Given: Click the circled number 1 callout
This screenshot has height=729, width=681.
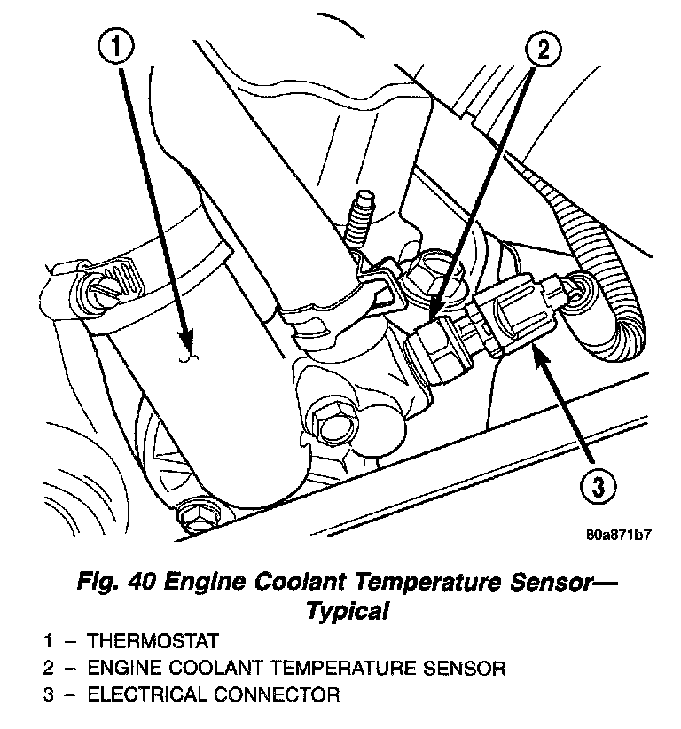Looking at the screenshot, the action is pyautogui.click(x=116, y=47).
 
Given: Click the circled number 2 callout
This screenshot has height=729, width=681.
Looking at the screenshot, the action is pyautogui.click(x=543, y=49).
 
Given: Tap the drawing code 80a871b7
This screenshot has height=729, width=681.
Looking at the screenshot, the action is pyautogui.click(x=618, y=535).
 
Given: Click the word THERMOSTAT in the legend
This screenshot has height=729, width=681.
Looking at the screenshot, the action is pyautogui.click(x=153, y=641).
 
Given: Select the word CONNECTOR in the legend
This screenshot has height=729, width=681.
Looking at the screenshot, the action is pyautogui.click(x=277, y=695).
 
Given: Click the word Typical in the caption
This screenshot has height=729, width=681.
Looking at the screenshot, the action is pyautogui.click(x=348, y=610).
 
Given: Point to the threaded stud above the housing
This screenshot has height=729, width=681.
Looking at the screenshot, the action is pyautogui.click(x=360, y=221).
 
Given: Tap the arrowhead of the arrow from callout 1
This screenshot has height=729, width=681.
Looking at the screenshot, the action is pyautogui.click(x=186, y=338).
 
